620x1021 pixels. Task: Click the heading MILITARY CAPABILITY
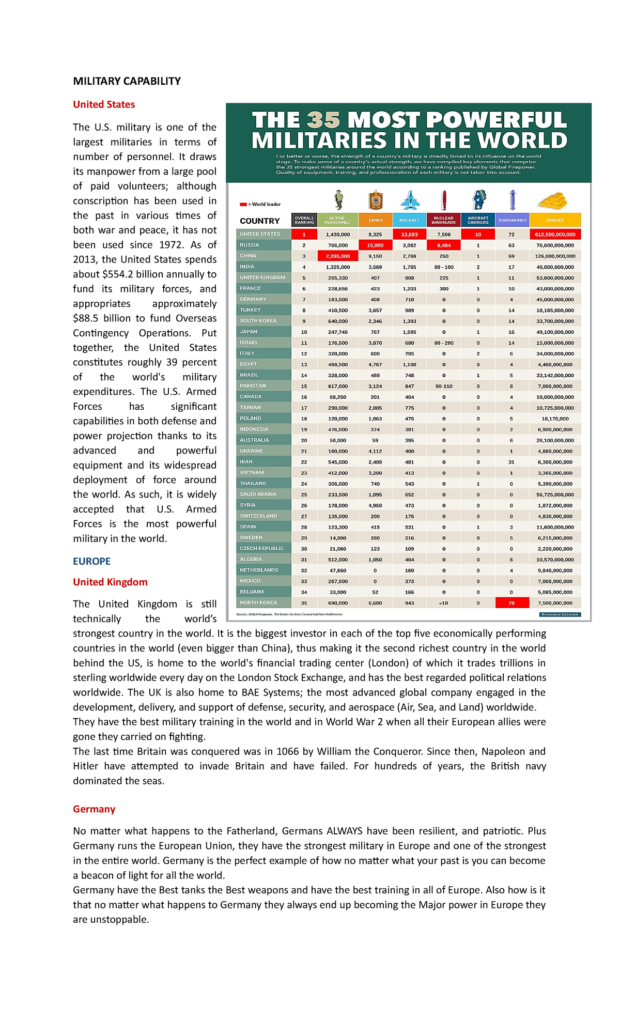(x=127, y=81)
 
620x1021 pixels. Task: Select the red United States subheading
(x=104, y=104)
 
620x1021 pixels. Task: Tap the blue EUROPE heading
(x=91, y=561)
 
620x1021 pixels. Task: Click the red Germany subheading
(x=94, y=809)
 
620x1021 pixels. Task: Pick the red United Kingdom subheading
(x=110, y=582)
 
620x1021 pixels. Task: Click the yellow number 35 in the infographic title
(x=323, y=120)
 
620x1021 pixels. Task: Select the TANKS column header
(x=375, y=220)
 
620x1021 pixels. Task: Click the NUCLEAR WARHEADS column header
(x=443, y=220)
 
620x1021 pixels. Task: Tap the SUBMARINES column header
(x=512, y=220)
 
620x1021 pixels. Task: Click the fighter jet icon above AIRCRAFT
(x=410, y=200)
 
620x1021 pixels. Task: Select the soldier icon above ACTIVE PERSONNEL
(x=338, y=199)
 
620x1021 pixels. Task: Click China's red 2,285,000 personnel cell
(x=338, y=256)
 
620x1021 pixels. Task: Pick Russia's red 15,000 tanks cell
(x=375, y=245)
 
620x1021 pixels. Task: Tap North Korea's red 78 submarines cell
(x=512, y=603)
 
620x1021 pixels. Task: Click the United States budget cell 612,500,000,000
(x=555, y=235)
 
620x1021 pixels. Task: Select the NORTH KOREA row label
(x=258, y=602)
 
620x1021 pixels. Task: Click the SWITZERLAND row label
(x=258, y=516)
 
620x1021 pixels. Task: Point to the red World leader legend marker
(x=243, y=205)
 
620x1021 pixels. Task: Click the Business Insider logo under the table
(x=560, y=615)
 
